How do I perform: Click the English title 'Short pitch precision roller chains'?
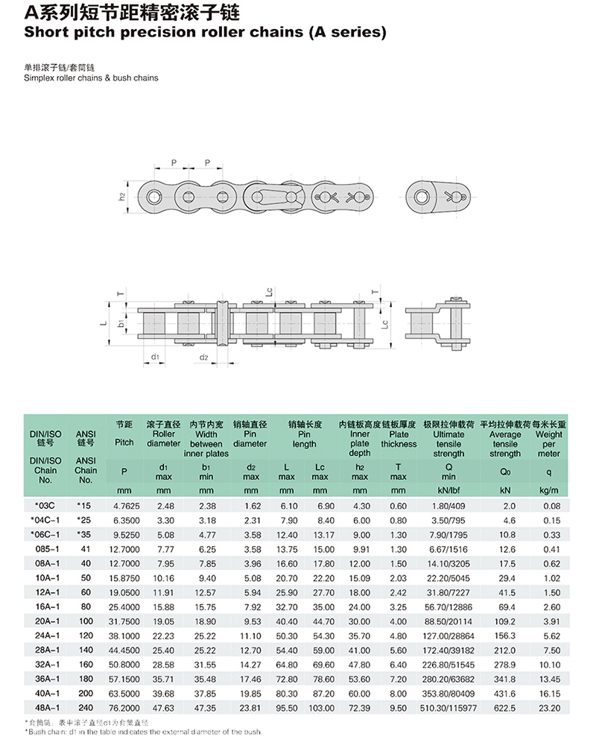click(206, 33)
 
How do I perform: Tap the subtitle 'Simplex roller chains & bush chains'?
click(92, 78)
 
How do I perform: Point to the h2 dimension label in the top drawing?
click(121, 197)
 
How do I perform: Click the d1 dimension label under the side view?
click(154, 358)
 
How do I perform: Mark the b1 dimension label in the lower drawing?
click(121, 323)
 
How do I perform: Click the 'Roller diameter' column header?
click(163, 438)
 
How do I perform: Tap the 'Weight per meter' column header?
click(549, 443)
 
